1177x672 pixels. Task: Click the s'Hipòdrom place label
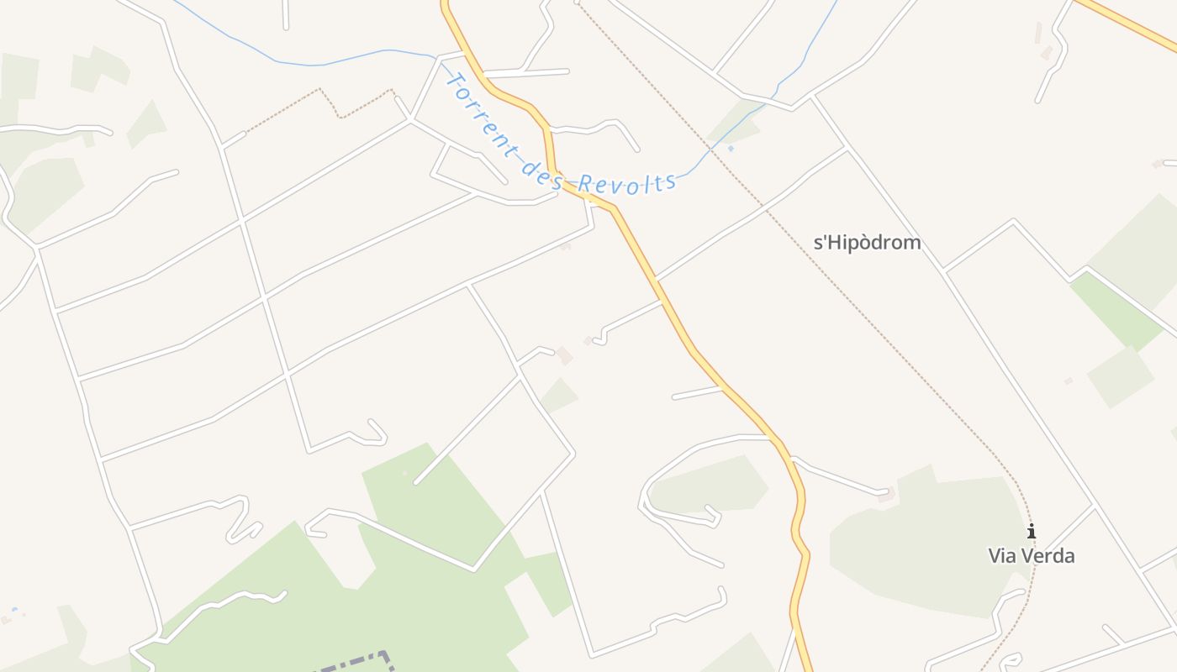point(867,243)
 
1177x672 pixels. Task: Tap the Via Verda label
point(1031,555)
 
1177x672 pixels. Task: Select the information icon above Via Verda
point(1031,531)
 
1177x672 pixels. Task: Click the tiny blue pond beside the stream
point(731,149)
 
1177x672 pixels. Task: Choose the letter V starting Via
point(995,555)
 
